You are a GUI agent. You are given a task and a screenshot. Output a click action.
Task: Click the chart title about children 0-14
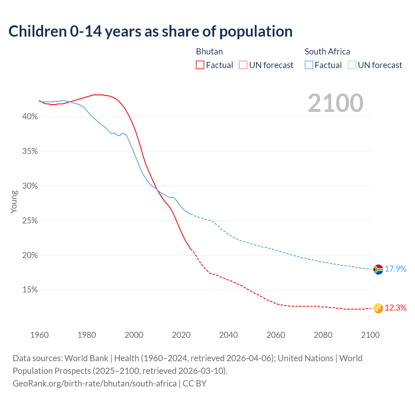pyautogui.click(x=150, y=31)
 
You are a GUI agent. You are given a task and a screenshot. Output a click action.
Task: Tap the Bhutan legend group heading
pyautogui.click(x=209, y=52)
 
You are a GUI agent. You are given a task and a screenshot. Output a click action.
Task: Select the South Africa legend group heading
pyautogui.click(x=327, y=52)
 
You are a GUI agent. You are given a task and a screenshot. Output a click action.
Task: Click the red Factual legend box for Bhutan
pyautogui.click(x=200, y=65)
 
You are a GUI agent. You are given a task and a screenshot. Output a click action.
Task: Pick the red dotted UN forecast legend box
pyautogui.click(x=243, y=65)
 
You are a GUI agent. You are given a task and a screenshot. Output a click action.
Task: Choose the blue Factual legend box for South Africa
pyautogui.click(x=309, y=65)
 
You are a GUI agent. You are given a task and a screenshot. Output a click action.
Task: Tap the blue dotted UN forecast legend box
pyautogui.click(x=352, y=65)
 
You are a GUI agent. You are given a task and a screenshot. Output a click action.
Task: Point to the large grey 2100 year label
pyautogui.click(x=336, y=103)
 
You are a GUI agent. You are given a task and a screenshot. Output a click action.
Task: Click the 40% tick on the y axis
pyautogui.click(x=30, y=117)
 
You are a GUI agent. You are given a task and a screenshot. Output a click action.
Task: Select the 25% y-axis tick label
pyautogui.click(x=30, y=221)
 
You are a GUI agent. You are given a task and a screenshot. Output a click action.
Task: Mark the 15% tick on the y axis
pyautogui.click(x=30, y=290)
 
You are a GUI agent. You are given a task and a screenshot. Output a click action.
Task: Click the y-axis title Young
pyautogui.click(x=14, y=202)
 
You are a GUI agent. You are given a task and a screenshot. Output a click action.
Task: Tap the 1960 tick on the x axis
pyautogui.click(x=40, y=335)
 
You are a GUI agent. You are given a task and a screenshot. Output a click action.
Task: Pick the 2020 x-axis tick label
pyautogui.click(x=181, y=335)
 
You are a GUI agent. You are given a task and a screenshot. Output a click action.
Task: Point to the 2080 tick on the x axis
pyautogui.click(x=323, y=335)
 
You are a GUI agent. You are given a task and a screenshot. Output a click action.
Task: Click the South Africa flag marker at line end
pyautogui.click(x=378, y=269)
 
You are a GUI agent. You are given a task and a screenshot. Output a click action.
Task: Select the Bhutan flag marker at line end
pyautogui.click(x=378, y=308)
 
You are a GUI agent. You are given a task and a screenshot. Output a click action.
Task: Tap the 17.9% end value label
pyautogui.click(x=396, y=269)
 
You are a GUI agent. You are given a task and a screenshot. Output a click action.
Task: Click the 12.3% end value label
pyautogui.click(x=396, y=308)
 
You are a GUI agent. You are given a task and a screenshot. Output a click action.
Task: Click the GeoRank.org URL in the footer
pyautogui.click(x=95, y=384)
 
